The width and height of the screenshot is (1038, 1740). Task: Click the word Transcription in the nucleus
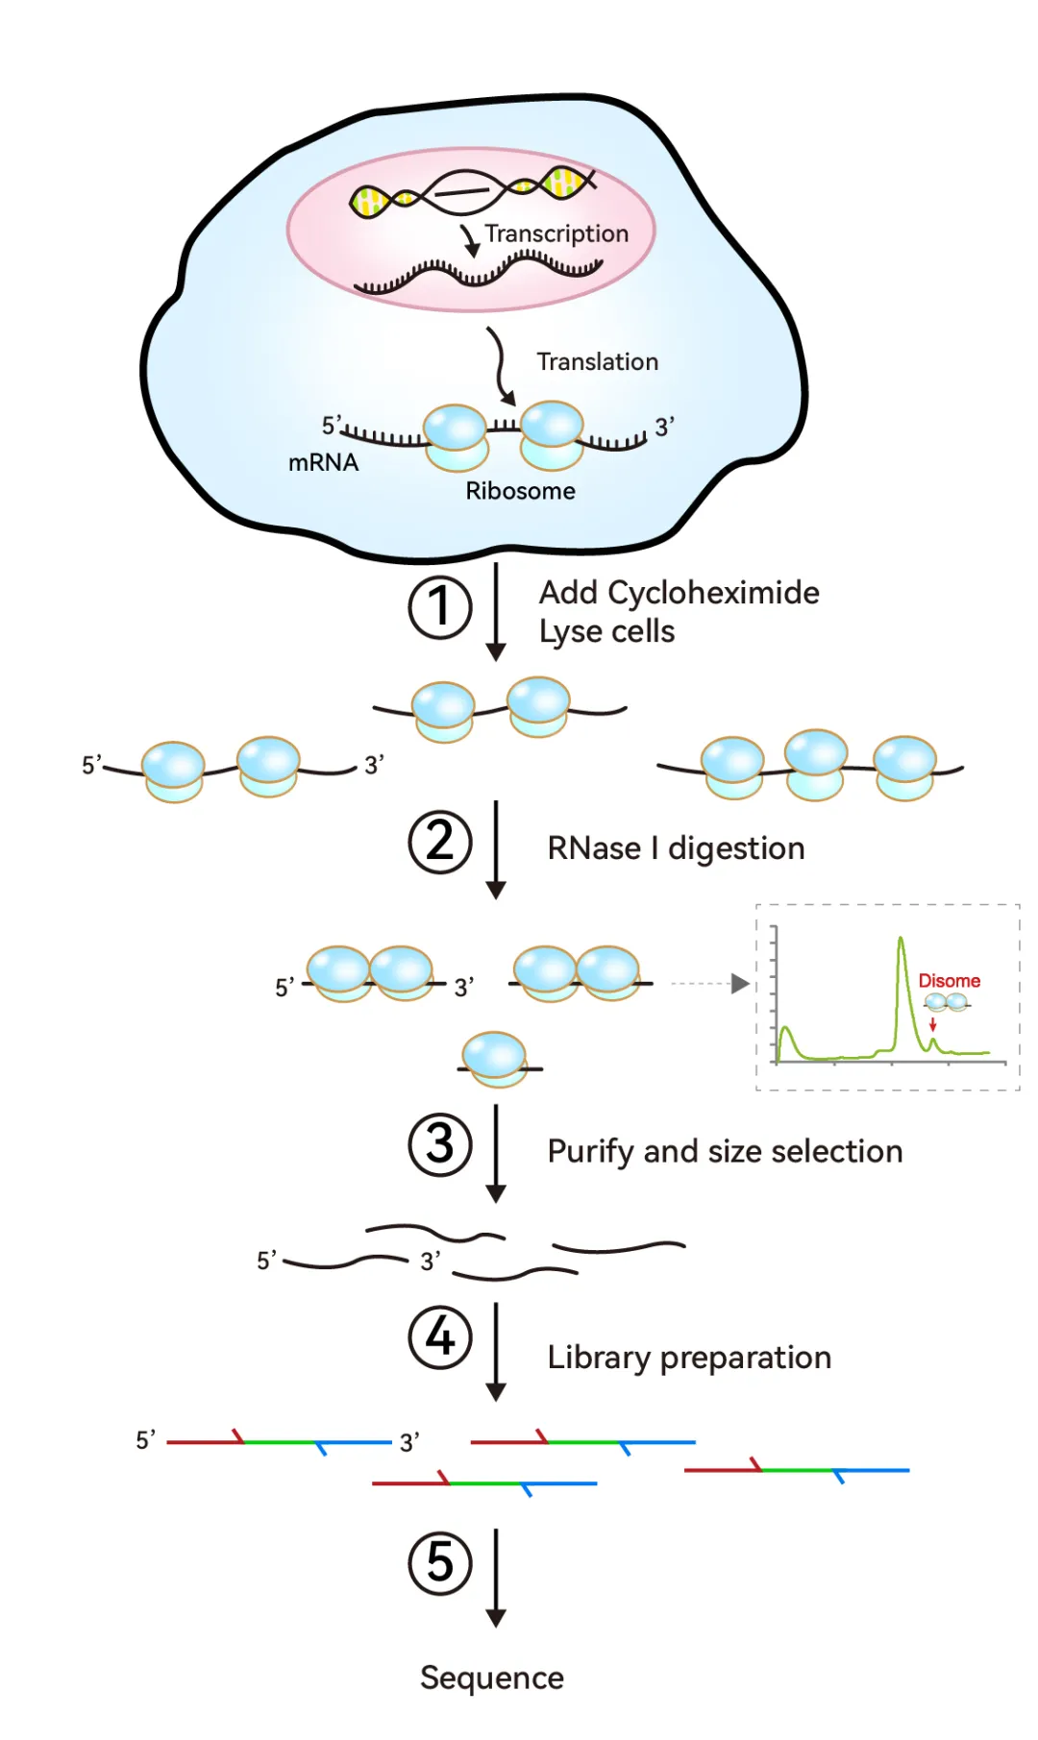pyautogui.click(x=556, y=233)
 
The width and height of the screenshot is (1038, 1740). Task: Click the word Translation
pyautogui.click(x=597, y=362)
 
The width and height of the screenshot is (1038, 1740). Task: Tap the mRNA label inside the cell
pyautogui.click(x=323, y=463)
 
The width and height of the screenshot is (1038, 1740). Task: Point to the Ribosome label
pyautogui.click(x=520, y=491)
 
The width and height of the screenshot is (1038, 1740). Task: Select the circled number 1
pyautogui.click(x=440, y=607)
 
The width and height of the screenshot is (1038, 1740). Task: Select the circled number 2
pyautogui.click(x=440, y=843)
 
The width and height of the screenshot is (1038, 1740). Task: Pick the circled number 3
pyautogui.click(x=440, y=1144)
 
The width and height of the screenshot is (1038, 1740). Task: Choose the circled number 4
pyautogui.click(x=440, y=1336)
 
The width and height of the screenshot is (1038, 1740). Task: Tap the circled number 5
pyautogui.click(x=440, y=1562)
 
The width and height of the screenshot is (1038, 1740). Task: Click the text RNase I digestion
pyautogui.click(x=676, y=848)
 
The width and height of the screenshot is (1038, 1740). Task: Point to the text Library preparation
pyautogui.click(x=689, y=1358)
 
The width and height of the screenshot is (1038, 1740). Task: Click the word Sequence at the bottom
pyautogui.click(x=492, y=1678)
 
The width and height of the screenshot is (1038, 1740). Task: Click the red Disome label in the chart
pyautogui.click(x=949, y=981)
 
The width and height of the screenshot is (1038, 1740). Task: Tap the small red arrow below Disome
pyautogui.click(x=932, y=1024)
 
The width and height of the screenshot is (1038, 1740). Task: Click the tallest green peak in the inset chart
pyautogui.click(x=901, y=942)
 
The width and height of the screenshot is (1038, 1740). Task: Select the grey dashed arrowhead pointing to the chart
pyautogui.click(x=740, y=984)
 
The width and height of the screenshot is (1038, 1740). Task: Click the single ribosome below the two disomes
pyautogui.click(x=494, y=1059)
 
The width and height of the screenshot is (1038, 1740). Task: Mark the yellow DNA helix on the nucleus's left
pyautogui.click(x=371, y=201)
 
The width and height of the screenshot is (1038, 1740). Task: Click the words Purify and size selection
pyautogui.click(x=725, y=1151)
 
